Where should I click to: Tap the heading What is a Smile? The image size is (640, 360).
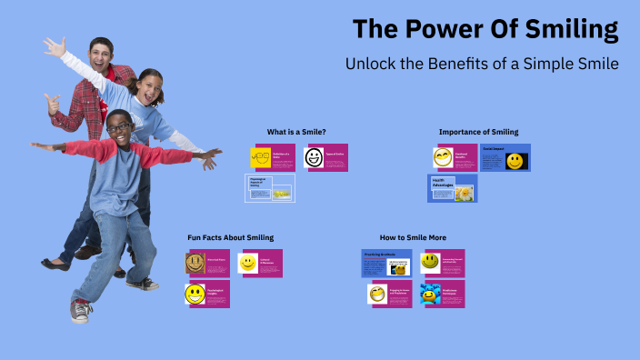[x=296, y=132]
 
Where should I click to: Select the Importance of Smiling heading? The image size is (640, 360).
[x=478, y=132]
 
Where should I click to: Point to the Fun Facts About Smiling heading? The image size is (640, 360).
[x=230, y=237]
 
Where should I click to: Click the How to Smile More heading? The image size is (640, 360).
[x=413, y=237]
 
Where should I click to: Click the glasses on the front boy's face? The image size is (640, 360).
[x=118, y=128]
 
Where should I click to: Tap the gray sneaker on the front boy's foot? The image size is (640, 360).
[x=81, y=311]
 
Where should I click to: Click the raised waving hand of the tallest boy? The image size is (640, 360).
[x=54, y=45]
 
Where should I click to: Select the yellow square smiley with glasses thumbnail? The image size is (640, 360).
[x=260, y=157]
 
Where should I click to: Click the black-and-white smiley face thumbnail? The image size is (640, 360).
[x=314, y=158]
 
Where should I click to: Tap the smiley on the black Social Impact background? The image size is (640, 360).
[x=515, y=162]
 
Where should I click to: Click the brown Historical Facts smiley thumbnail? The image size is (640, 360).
[x=195, y=263]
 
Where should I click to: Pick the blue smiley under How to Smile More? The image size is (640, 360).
[x=429, y=295]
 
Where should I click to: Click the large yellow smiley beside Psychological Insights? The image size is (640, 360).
[x=195, y=294]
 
